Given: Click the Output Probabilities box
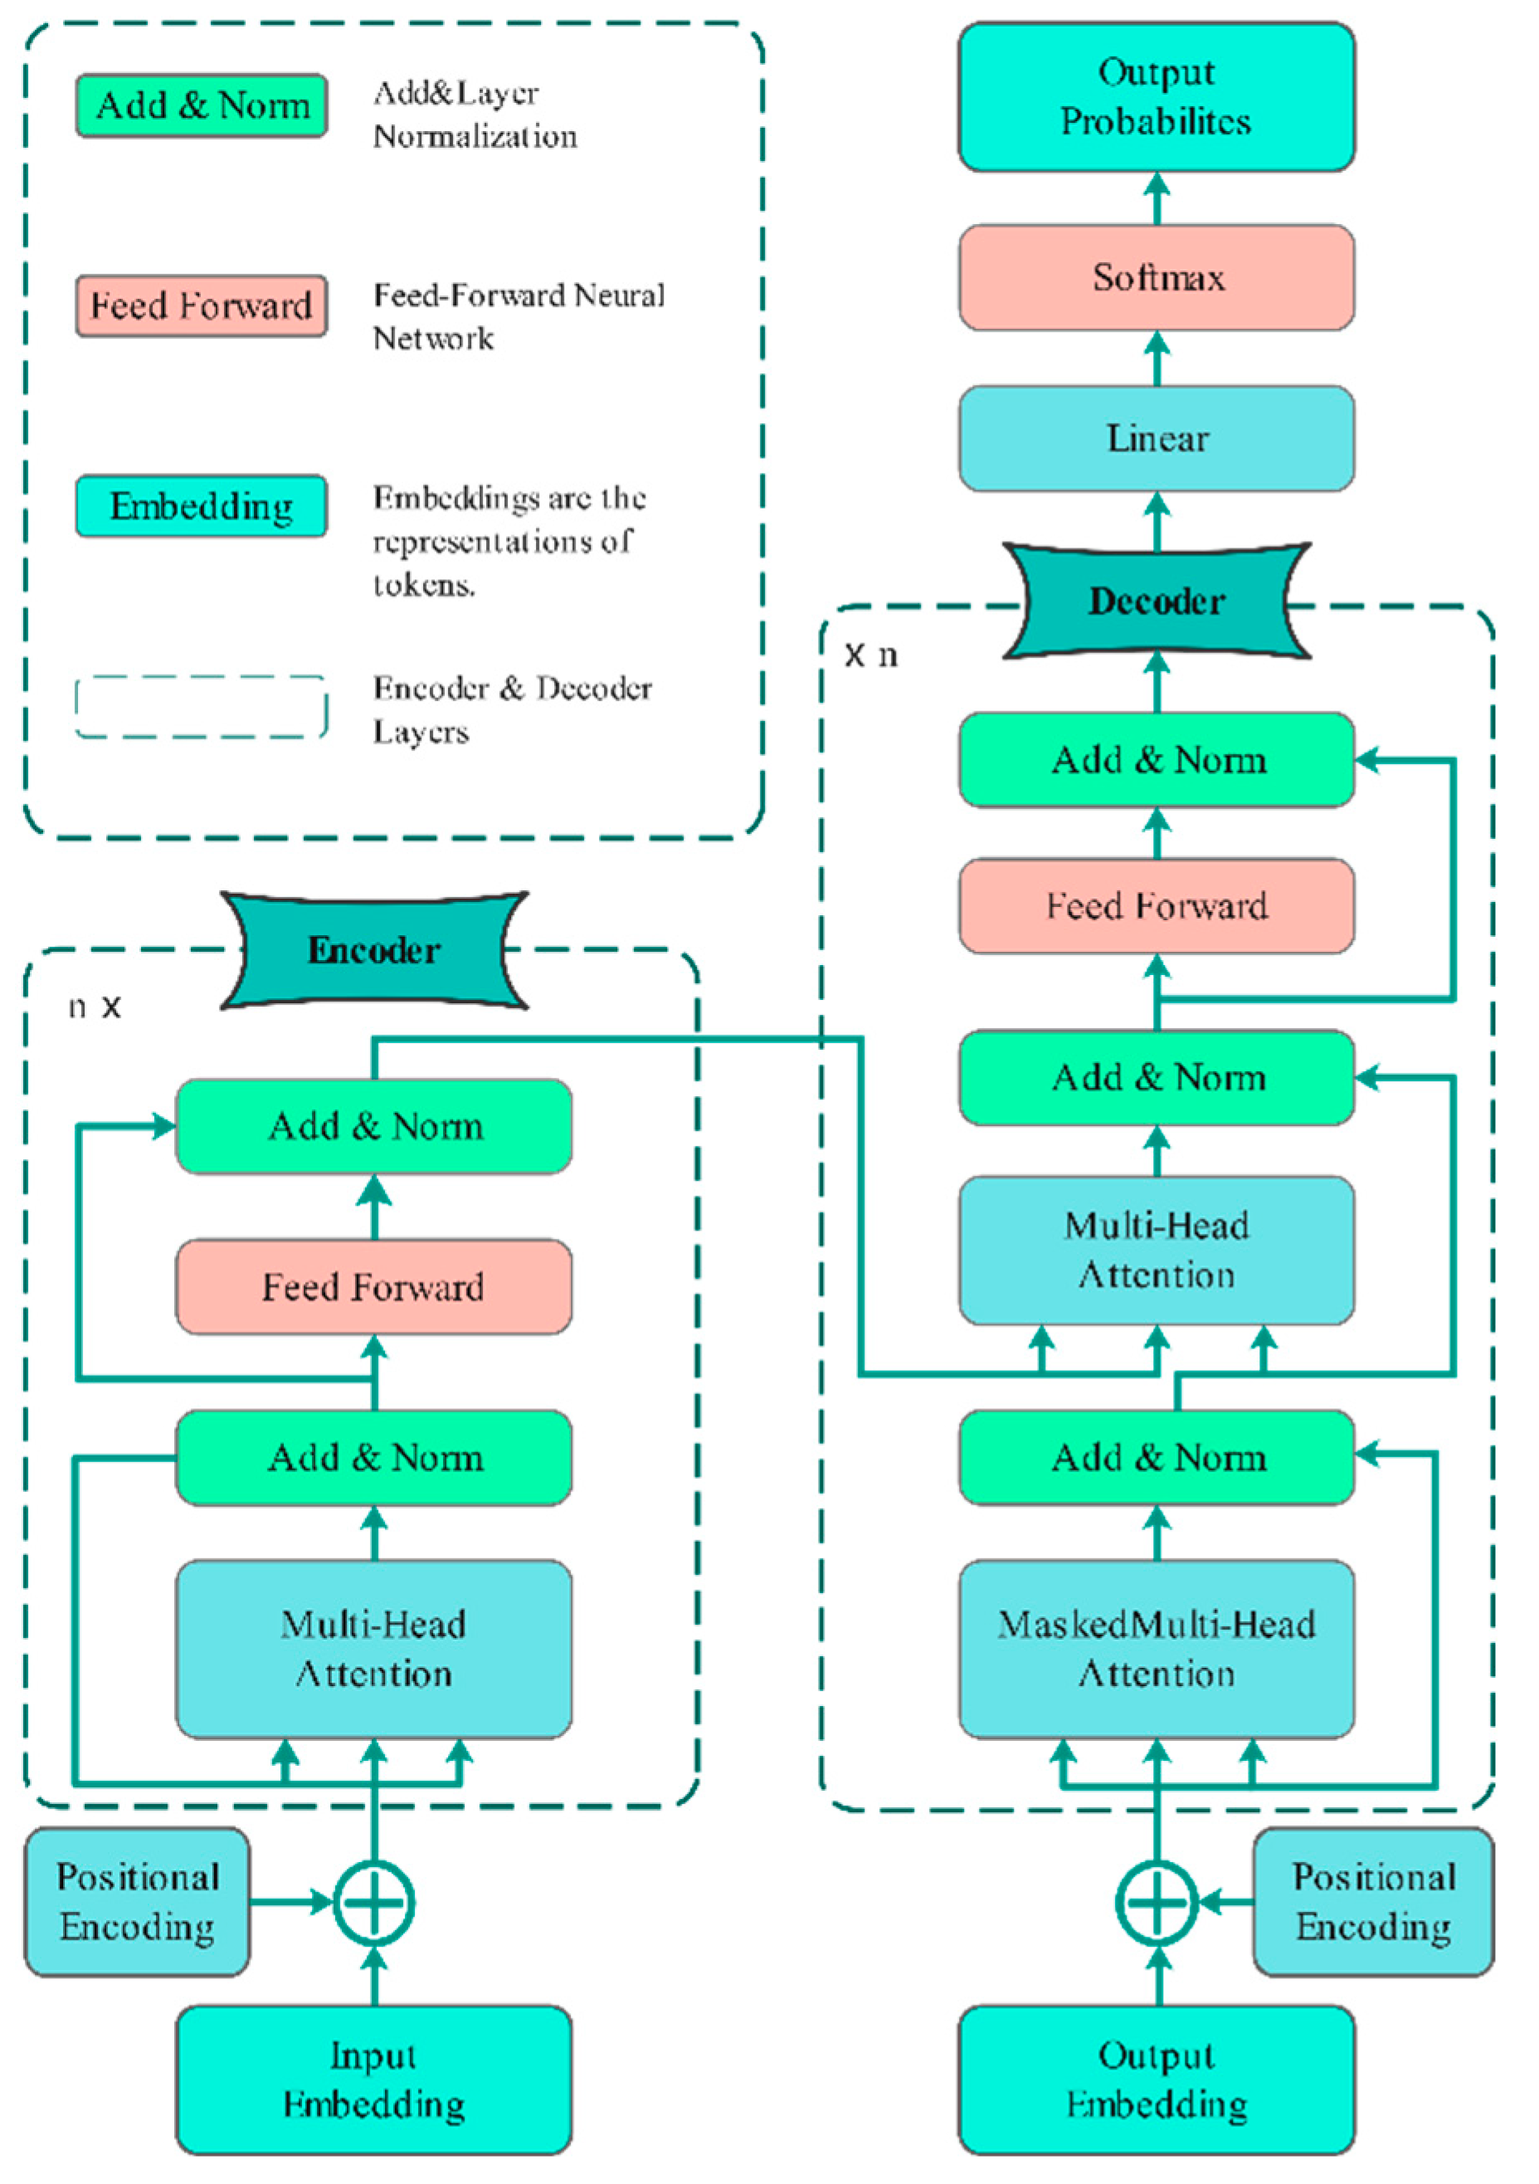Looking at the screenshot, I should click(1156, 97).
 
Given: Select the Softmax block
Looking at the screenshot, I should click(1156, 278).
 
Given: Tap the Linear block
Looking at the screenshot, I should click(1156, 438).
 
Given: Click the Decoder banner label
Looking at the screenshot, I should click(1156, 601).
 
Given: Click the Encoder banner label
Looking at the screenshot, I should click(374, 950).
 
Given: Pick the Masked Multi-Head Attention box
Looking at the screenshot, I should click(1156, 1649).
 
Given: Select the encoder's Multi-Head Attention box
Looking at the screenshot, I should click(374, 1649).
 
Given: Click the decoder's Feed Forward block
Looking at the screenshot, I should click(1156, 905).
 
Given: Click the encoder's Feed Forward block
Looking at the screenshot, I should click(374, 1287).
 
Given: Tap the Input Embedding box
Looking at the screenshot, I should click(374, 2079).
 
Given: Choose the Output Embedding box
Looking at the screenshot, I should click(1156, 2079).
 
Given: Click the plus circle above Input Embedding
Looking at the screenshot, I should click(374, 1903).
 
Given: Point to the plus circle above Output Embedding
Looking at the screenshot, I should click(1156, 1903).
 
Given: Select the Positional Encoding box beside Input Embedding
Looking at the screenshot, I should click(137, 1903).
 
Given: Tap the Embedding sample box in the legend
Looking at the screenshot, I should click(201, 506).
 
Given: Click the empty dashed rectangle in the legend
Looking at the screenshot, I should click(201, 707).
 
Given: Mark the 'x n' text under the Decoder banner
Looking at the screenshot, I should click(871, 656).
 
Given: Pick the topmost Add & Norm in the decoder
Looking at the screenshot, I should click(1156, 760).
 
